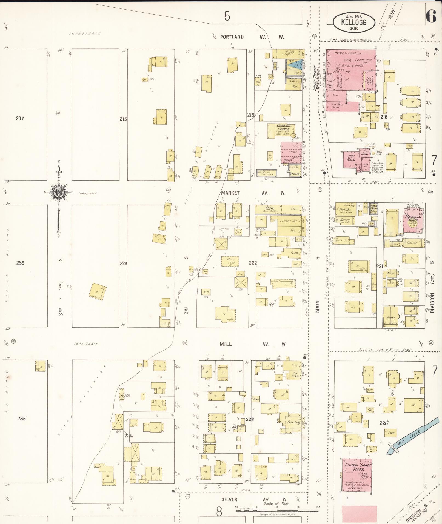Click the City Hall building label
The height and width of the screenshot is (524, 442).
[351, 158]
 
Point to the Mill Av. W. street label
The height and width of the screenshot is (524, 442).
[253, 344]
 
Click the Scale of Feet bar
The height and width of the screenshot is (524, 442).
[277, 507]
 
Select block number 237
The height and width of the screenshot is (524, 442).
[20, 118]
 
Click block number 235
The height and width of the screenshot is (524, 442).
[21, 419]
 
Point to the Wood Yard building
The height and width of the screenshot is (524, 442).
[230, 261]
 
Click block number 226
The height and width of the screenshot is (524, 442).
[384, 423]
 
